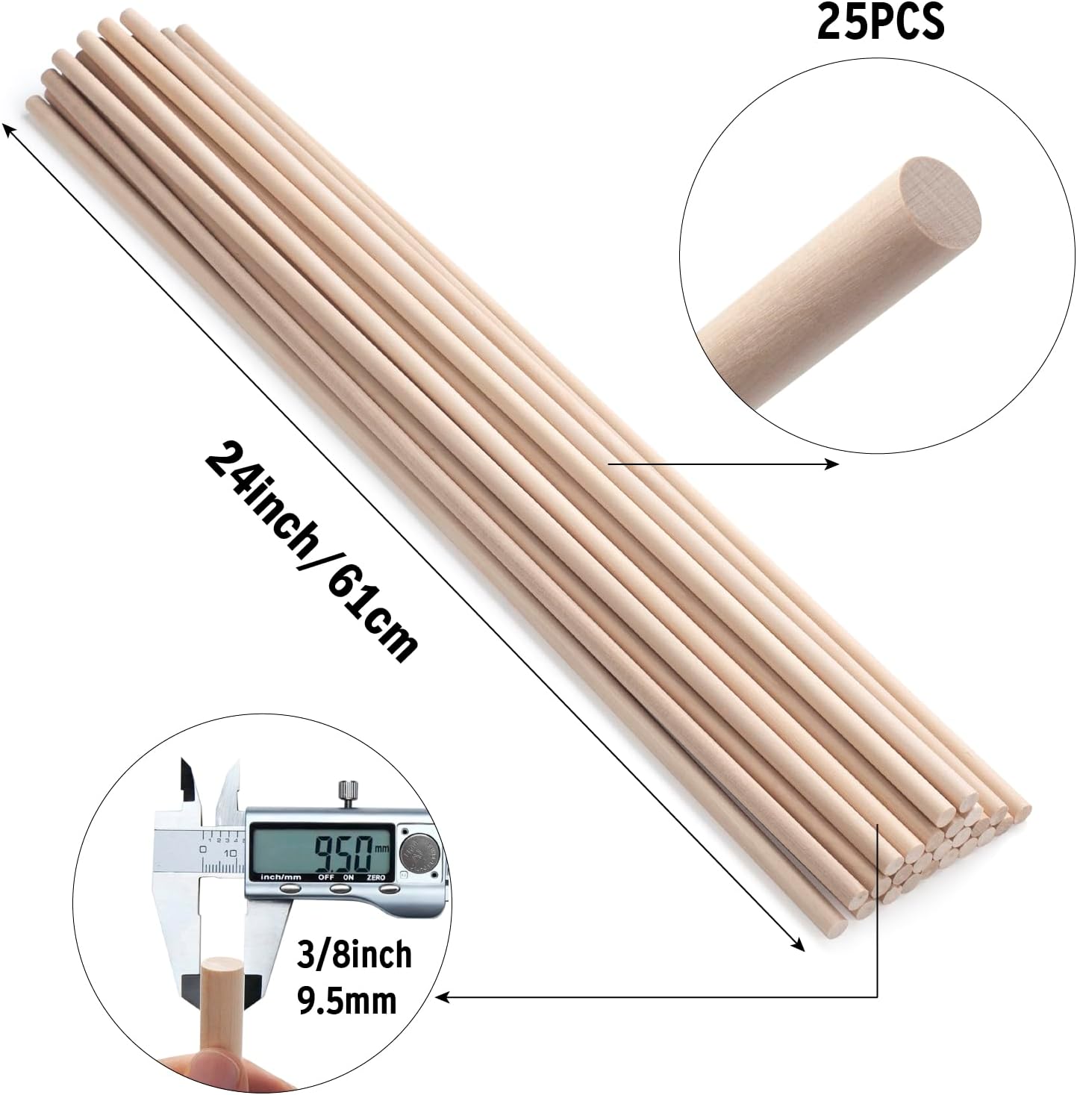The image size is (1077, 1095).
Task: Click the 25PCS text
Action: click(x=881, y=22)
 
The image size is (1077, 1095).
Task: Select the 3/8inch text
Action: click(x=354, y=955)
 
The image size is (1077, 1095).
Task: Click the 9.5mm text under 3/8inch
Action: click(x=346, y=1000)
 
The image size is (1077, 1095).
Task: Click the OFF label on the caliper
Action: click(x=326, y=877)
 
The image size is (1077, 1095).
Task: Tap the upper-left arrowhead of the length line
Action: click(x=9, y=130)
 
